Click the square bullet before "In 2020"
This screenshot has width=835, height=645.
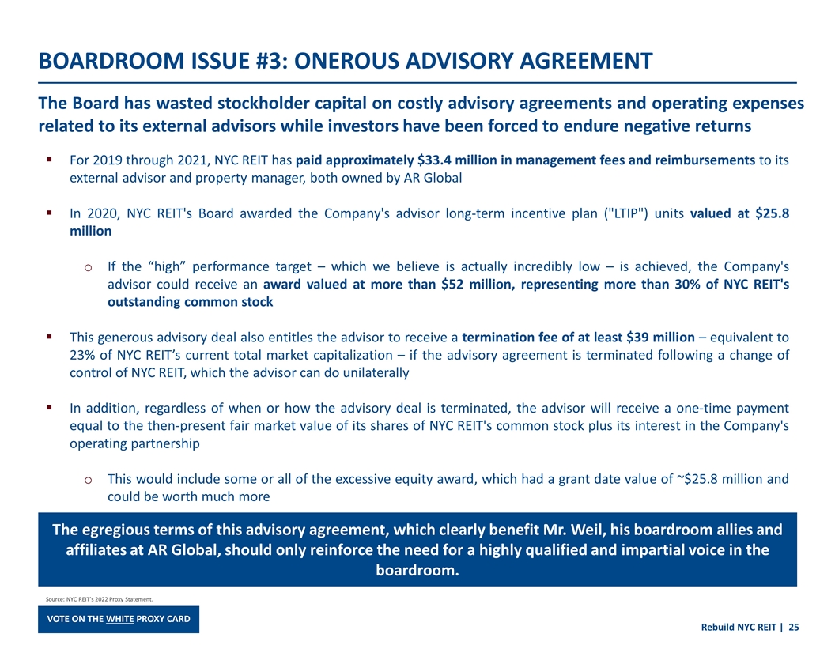[49, 213]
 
